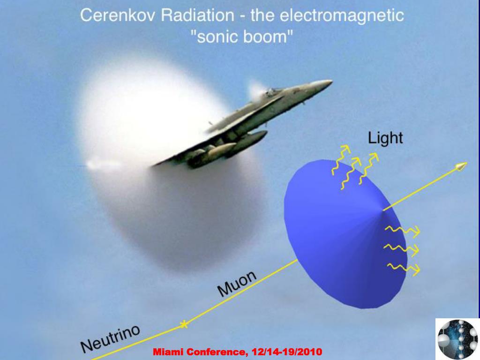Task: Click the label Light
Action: coord(385,138)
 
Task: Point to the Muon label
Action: coord(237,284)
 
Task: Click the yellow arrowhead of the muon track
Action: coord(461,166)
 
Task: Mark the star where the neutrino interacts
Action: coord(183,324)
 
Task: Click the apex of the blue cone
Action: coord(383,210)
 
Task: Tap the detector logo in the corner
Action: coord(457,339)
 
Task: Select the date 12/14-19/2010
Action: coord(287,352)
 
